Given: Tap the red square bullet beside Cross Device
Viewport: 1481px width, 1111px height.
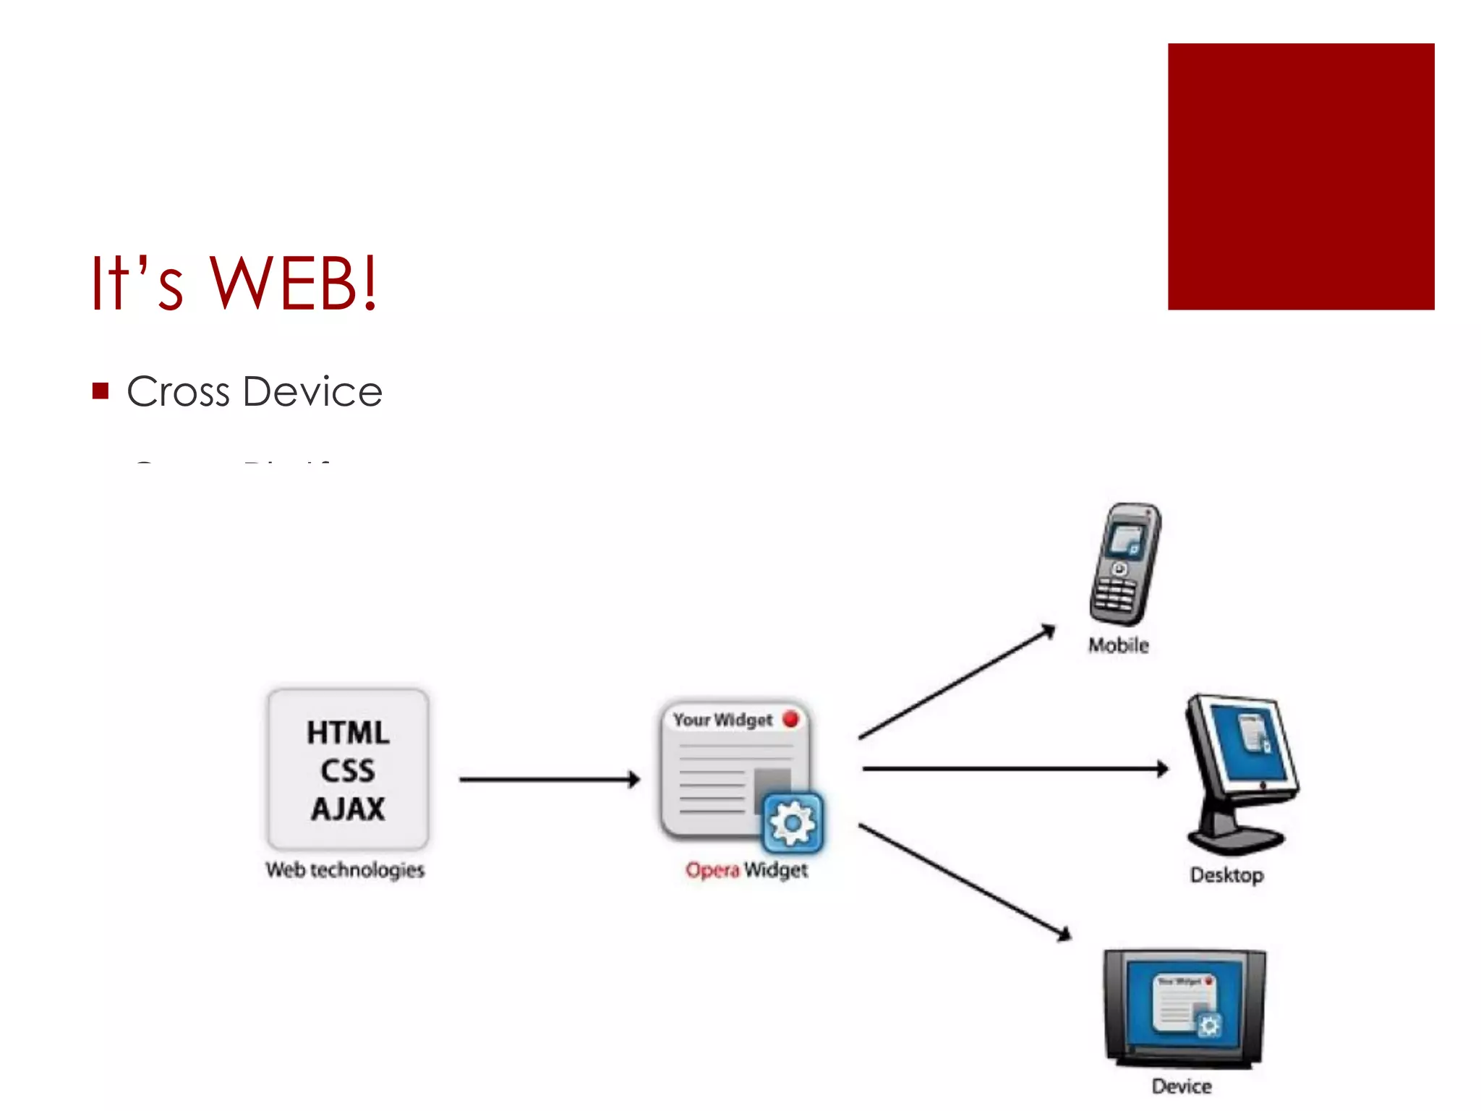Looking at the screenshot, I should point(101,391).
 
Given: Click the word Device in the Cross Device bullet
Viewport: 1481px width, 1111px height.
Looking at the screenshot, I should point(312,392).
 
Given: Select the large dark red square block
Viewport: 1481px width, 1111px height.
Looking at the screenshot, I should point(1300,176).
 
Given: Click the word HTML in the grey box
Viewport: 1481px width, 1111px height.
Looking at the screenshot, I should point(348,733).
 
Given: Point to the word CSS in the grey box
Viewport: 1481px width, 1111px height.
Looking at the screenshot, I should point(348,771).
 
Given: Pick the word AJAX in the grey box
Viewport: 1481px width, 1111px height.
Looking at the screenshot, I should point(348,809).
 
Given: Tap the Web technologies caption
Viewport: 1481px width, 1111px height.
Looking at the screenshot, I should point(345,869).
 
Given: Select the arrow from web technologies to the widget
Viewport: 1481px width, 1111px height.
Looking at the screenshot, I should point(550,779).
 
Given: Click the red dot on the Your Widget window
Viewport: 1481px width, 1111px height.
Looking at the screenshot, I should point(790,719).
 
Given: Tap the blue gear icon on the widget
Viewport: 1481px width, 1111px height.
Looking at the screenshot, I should point(793,823).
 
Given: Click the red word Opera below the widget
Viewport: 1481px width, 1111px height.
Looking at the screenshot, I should point(712,869).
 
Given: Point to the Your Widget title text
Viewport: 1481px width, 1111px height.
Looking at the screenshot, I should point(722,720).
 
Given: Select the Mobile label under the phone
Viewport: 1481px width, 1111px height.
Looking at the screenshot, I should point(1118,645).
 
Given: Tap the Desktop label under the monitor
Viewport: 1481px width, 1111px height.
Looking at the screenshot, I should point(1226,875).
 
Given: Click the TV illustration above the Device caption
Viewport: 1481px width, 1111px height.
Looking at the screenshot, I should point(1185,1008).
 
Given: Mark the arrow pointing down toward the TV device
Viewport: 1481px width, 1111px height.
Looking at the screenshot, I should point(965,882).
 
